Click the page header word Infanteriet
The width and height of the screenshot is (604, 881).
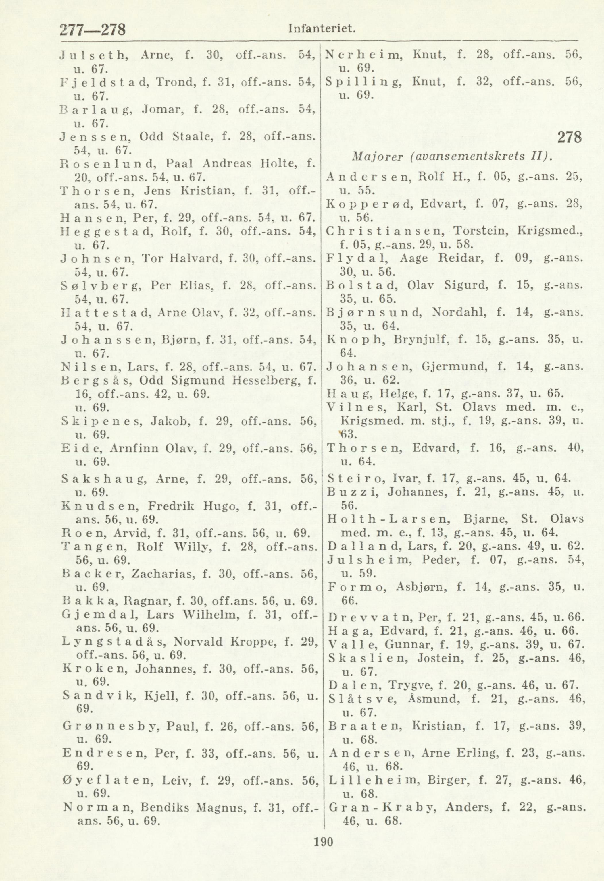[322, 28]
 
